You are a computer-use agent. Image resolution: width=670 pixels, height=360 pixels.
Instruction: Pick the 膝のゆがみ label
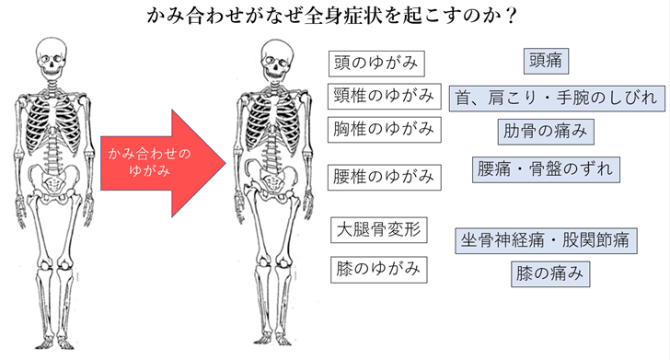[x=376, y=269]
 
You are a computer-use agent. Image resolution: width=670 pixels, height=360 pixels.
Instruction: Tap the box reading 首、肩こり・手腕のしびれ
[x=555, y=97]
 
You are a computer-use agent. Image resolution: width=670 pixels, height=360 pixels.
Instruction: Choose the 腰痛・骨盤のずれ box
[x=545, y=170]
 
